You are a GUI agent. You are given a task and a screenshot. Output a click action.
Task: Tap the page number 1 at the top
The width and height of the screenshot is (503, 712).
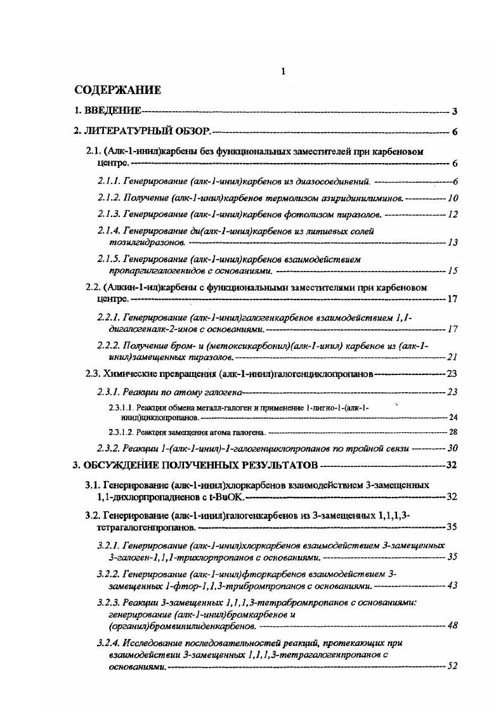[x=282, y=72]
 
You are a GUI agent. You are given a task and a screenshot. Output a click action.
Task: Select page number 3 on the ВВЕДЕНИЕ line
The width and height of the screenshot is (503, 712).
[x=454, y=112]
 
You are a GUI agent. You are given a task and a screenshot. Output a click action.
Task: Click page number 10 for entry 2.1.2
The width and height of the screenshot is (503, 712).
[x=452, y=198]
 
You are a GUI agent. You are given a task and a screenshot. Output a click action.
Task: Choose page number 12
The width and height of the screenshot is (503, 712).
[x=452, y=214]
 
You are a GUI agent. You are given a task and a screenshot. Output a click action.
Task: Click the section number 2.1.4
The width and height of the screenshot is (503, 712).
[x=108, y=231]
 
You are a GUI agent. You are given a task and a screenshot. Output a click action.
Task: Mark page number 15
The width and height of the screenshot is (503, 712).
[x=452, y=271]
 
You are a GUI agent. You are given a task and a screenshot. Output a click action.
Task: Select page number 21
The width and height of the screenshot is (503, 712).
[x=452, y=357]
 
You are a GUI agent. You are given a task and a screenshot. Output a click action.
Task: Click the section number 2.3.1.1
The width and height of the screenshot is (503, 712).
[x=120, y=407]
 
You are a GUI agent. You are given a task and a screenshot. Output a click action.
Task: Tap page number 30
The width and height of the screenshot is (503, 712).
[x=452, y=448]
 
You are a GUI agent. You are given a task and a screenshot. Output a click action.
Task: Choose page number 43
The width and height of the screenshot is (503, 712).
[x=452, y=585]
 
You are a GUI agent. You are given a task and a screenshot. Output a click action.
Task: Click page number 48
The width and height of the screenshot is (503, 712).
[x=452, y=626]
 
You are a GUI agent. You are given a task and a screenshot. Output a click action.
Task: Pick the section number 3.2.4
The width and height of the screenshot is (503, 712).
[x=108, y=643]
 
